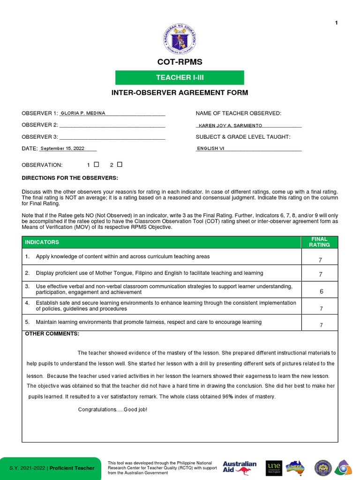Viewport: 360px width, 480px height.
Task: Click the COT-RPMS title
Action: click(180, 62)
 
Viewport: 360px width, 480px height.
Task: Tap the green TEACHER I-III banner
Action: click(180, 77)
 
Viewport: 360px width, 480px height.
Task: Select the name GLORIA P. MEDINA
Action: click(83, 113)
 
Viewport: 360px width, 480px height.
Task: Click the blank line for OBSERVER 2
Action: click(112, 125)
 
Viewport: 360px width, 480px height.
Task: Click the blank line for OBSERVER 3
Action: click(112, 137)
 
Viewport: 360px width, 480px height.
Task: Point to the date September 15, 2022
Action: click(62, 149)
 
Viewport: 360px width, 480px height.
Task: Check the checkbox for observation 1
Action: click(97, 165)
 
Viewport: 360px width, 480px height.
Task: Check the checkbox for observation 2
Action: click(120, 165)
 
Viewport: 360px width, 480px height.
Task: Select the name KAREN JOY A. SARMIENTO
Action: click(230, 126)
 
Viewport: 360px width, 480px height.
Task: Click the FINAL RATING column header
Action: click(321, 242)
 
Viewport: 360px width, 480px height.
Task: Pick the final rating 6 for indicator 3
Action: click(321, 292)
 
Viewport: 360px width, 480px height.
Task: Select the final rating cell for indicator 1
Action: click(321, 260)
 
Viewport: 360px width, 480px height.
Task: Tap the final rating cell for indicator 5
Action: click(321, 325)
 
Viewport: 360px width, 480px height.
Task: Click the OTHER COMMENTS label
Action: click(52, 334)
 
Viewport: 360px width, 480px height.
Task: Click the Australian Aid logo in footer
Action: click(240, 467)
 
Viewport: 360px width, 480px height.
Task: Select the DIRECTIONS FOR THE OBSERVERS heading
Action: click(70, 178)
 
